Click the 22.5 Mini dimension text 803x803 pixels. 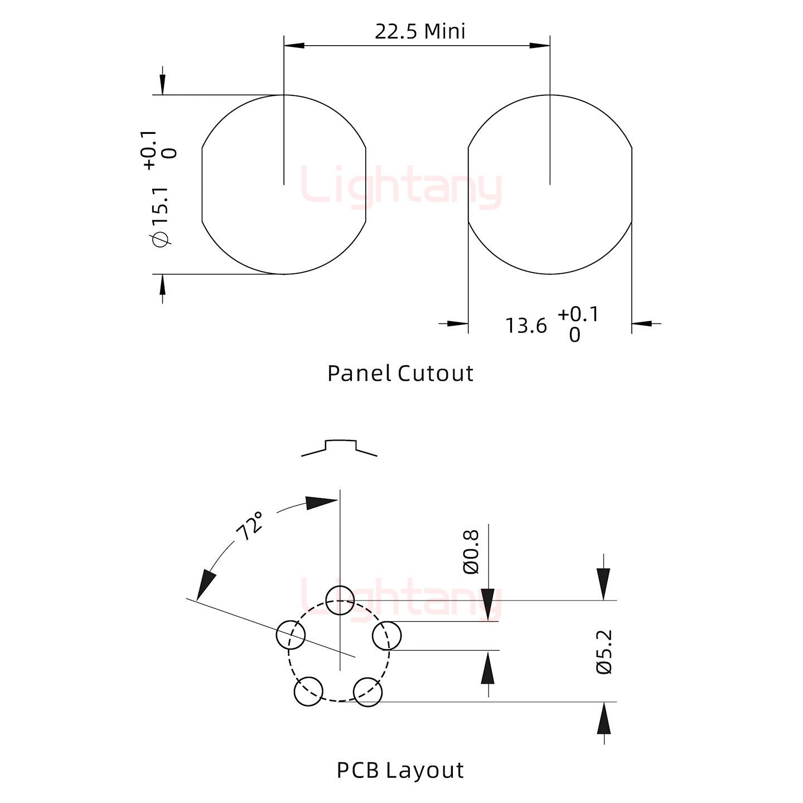(420, 31)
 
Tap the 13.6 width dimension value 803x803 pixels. (526, 326)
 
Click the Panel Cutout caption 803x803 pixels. (400, 373)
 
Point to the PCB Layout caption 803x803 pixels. (400, 770)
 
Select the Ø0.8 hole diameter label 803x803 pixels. (471, 552)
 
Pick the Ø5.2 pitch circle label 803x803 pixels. (605, 652)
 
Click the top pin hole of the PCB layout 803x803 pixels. (340, 600)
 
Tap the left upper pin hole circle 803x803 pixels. (291, 635)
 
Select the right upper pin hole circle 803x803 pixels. (386, 636)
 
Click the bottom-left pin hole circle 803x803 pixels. (308, 691)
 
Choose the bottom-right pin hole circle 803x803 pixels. (368, 692)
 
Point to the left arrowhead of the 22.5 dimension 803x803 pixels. (294, 45)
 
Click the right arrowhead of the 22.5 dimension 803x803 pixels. (540, 45)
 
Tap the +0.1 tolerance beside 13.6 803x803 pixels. (578, 315)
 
